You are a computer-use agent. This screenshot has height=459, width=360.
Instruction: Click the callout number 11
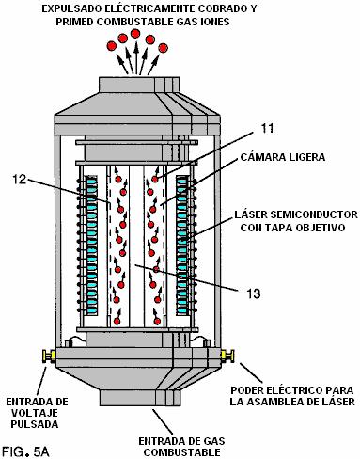pos(267,128)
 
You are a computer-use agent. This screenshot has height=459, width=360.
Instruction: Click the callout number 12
pos(20,180)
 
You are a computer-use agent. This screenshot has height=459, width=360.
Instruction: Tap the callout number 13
pos(254,293)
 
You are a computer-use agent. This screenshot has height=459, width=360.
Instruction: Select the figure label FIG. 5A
pos(25,451)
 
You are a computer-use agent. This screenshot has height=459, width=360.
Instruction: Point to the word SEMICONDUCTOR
pos(314,214)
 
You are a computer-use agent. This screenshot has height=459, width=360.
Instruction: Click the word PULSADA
pos(35,424)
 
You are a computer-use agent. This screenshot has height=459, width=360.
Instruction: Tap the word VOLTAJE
pos(35,413)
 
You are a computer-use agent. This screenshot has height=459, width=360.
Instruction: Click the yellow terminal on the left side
pos(50,356)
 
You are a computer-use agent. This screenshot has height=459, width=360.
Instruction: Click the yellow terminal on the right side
pos(227,356)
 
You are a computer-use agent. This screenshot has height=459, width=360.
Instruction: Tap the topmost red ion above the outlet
pos(135,33)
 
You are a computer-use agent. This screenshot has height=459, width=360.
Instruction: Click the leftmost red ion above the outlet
pos(111,46)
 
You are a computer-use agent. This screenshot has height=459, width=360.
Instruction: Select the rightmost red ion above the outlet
pos(163,48)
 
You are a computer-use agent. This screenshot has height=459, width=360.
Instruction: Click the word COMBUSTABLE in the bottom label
pos(181,452)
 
